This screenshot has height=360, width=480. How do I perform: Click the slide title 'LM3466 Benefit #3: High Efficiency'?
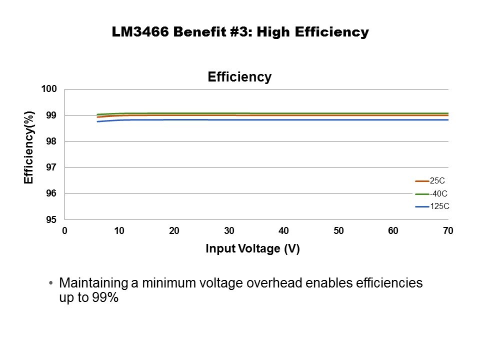(x=240, y=32)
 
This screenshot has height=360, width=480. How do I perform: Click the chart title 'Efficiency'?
(x=239, y=77)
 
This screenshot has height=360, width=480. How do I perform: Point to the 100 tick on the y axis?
(x=51, y=89)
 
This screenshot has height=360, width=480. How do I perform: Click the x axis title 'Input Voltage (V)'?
(x=252, y=249)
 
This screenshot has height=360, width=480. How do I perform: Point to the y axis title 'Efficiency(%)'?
(x=29, y=147)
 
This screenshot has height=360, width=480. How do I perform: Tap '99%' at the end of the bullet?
(x=104, y=298)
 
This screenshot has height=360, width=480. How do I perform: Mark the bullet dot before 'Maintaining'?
(x=51, y=283)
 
